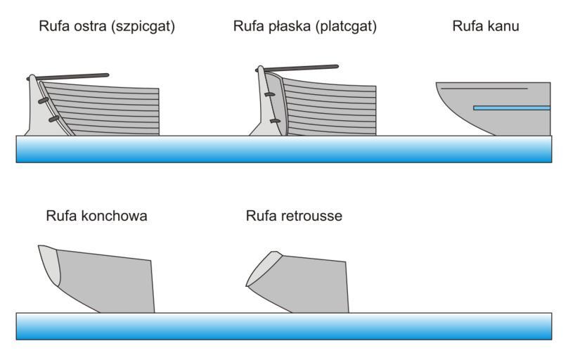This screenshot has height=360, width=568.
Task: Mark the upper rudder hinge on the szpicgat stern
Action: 44,101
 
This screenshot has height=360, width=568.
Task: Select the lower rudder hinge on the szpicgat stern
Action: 53,120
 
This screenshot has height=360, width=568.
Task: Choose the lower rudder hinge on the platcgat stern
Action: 275,121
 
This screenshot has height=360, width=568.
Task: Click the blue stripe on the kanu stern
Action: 511,108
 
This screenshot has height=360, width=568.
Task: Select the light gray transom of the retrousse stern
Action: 264,267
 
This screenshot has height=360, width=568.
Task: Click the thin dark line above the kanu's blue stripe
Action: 492,89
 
